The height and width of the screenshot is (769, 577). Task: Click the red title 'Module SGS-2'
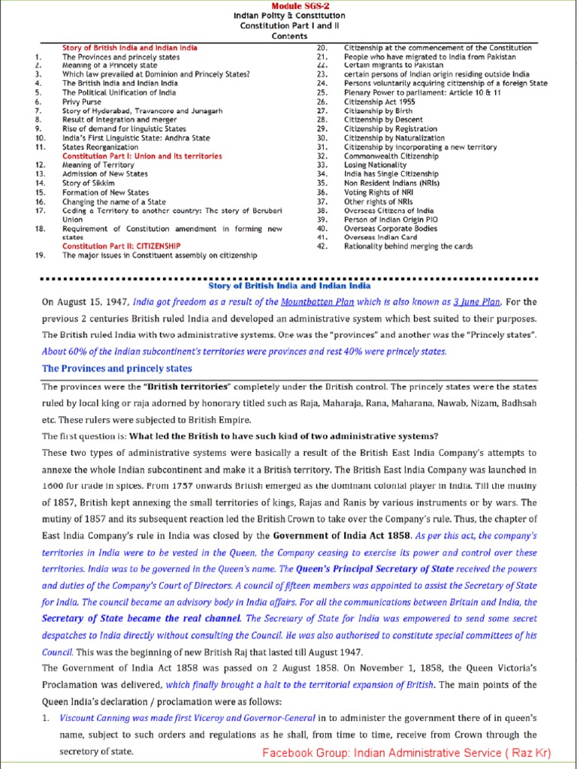(288, 5)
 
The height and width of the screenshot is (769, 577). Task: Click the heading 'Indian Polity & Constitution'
(288, 15)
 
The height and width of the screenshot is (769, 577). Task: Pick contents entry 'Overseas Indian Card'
(380, 237)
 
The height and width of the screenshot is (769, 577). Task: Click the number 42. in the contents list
(322, 246)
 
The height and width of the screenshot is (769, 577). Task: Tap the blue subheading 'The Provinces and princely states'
(116, 369)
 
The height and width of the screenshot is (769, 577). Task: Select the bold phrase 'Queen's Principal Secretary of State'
(375, 569)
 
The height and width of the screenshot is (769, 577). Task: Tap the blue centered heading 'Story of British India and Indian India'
(288, 286)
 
